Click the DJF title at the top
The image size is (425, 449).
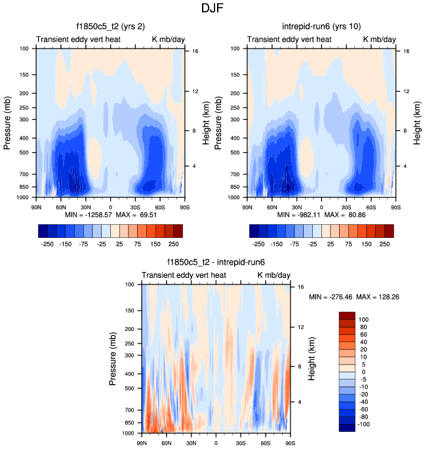[212, 9]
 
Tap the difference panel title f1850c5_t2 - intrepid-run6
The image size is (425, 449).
[216, 264]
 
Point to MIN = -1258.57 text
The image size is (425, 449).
[87, 214]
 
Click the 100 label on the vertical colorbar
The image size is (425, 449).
[363, 319]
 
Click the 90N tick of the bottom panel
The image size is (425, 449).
[142, 444]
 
